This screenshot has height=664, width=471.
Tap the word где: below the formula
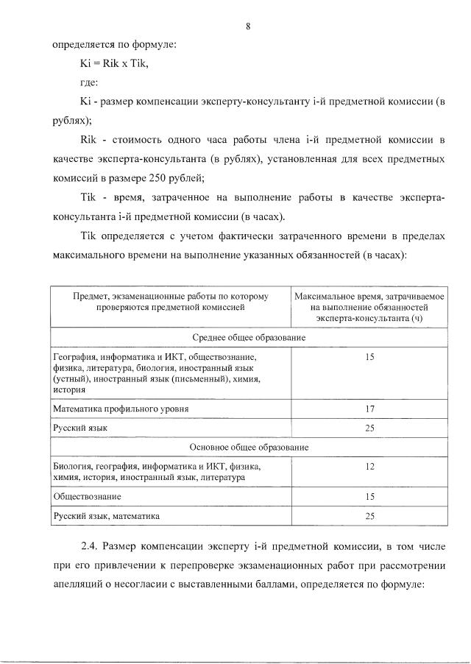tap(89, 82)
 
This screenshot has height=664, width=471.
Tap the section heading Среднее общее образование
tap(249, 336)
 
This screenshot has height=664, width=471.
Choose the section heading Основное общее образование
tap(249, 447)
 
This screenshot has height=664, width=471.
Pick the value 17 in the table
tap(370, 408)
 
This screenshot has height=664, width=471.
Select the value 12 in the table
tap(370, 466)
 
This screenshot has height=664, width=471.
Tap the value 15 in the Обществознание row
tap(370, 496)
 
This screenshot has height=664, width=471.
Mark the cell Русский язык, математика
tap(106, 516)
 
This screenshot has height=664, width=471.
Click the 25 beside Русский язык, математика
tap(370, 516)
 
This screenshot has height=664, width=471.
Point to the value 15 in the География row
tap(370, 356)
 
